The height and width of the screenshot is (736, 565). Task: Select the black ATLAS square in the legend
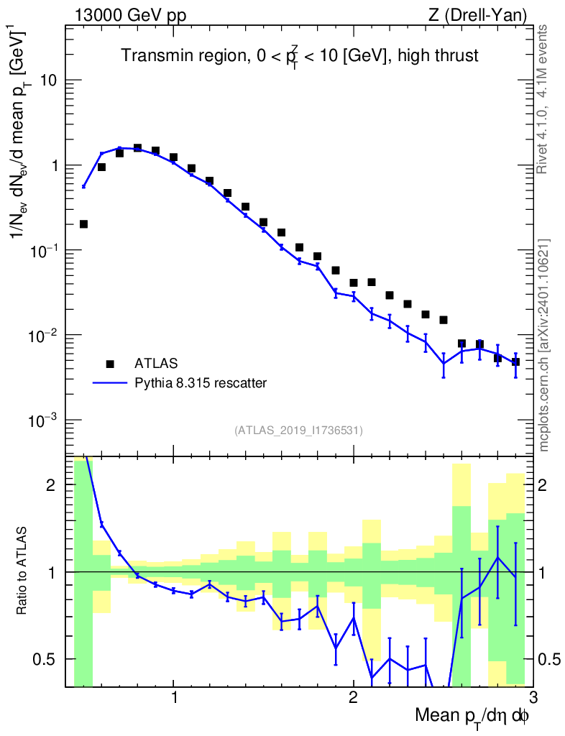click(110, 363)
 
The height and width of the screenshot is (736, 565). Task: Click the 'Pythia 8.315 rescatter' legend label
click(201, 383)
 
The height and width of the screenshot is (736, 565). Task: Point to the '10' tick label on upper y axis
click(48, 80)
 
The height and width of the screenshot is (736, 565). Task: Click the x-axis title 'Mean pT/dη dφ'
click(472, 717)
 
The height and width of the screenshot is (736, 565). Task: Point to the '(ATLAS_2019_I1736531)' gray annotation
click(298, 431)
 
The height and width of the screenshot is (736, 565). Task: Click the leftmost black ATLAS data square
click(83, 224)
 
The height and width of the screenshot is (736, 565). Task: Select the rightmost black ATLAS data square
click(515, 362)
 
